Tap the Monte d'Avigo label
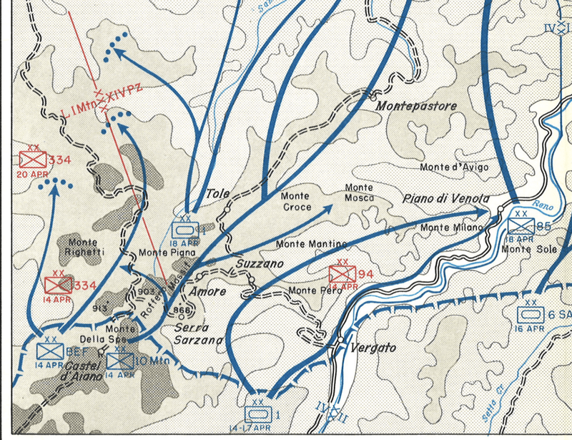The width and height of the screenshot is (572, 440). (x=454, y=167)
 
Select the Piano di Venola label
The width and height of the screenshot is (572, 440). (x=436, y=198)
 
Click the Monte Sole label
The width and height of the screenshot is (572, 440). (x=526, y=249)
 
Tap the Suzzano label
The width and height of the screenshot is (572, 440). (x=260, y=264)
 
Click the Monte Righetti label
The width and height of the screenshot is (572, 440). (x=84, y=247)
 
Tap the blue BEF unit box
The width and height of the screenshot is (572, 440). (x=50, y=351)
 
